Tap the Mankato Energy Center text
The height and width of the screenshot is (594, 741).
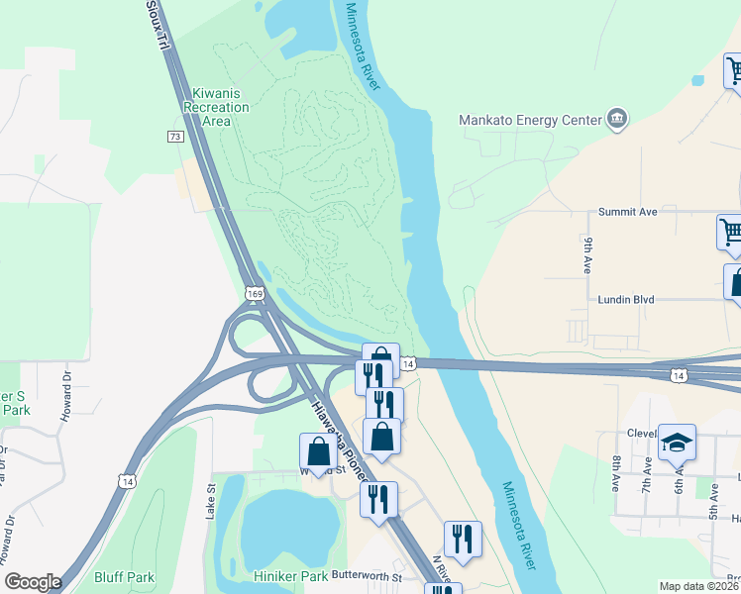(531, 120)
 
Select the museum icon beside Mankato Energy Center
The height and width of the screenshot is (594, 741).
(617, 119)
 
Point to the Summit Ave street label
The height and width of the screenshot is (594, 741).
(628, 212)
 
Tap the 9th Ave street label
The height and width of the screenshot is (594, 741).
(587, 255)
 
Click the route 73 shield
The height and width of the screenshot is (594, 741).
(175, 136)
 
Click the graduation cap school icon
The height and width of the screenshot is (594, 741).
(678, 442)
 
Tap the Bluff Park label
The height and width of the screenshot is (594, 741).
(124, 577)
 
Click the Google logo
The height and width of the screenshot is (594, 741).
(34, 582)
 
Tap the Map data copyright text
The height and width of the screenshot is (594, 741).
(699, 586)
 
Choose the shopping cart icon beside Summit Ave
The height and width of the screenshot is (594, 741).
(731, 232)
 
